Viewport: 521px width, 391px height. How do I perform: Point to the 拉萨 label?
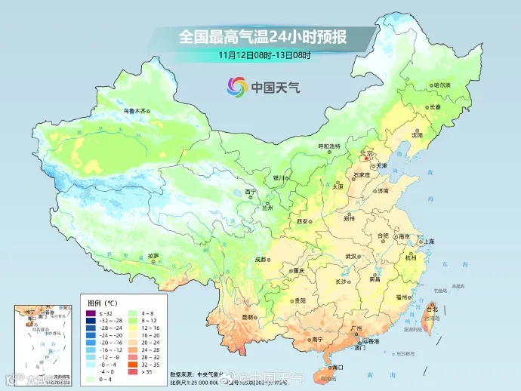[x=153, y=256]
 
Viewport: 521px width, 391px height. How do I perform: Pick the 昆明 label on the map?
[x=248, y=317]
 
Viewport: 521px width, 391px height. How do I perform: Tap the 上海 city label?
[x=428, y=241]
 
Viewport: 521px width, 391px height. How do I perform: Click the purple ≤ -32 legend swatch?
[x=90, y=312]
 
